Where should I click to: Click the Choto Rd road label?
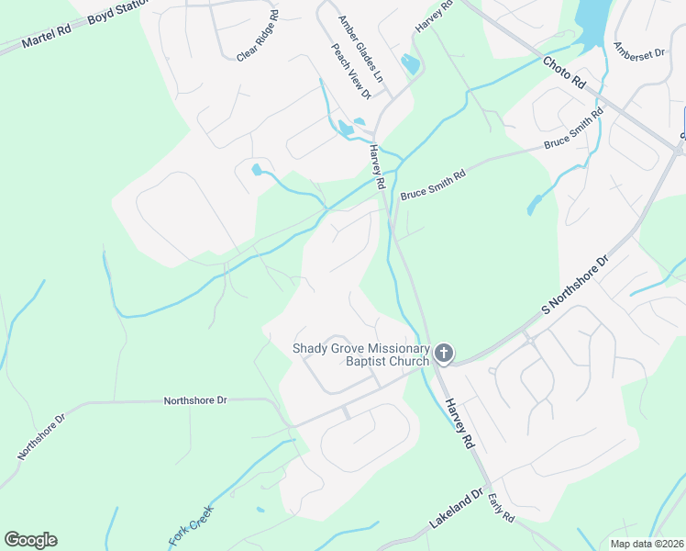click(x=564, y=73)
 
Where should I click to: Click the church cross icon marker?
click(x=444, y=354)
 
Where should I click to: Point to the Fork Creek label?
click(x=191, y=525)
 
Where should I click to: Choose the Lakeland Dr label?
click(x=456, y=512)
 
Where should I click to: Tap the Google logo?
click(x=30, y=540)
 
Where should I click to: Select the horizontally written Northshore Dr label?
click(x=194, y=401)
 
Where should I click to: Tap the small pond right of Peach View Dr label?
click(x=410, y=64)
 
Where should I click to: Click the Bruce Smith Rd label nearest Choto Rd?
click(x=573, y=131)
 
